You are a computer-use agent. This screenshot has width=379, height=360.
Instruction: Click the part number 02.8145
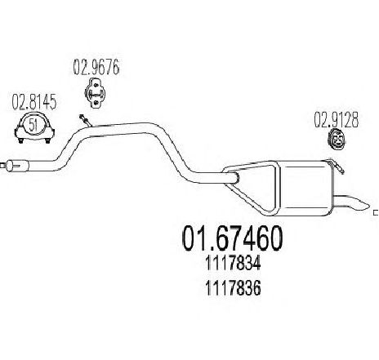click(x=34, y=101)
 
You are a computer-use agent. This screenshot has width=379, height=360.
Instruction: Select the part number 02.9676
click(x=96, y=67)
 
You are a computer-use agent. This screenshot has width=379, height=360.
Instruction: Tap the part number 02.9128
click(x=337, y=120)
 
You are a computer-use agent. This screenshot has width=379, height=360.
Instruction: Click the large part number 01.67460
click(x=232, y=238)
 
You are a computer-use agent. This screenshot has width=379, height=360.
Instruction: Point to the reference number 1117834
click(x=233, y=263)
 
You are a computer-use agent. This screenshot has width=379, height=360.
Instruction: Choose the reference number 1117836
click(x=233, y=288)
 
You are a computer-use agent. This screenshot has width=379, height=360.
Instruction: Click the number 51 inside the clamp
click(x=33, y=126)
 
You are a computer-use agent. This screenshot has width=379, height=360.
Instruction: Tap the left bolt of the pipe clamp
click(x=20, y=140)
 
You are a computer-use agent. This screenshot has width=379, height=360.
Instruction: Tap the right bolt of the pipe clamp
click(x=47, y=140)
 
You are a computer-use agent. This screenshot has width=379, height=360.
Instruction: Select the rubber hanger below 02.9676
click(x=96, y=93)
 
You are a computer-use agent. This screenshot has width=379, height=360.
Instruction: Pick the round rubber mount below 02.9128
click(x=337, y=140)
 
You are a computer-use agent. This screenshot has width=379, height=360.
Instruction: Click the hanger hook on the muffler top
click(x=337, y=166)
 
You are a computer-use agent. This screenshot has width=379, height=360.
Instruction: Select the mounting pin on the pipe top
click(x=86, y=121)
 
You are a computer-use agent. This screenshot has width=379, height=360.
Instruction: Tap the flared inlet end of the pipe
click(x=17, y=166)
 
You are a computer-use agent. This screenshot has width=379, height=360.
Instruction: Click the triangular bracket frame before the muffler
click(x=252, y=188)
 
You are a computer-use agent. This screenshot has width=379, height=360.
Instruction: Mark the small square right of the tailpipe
click(x=377, y=211)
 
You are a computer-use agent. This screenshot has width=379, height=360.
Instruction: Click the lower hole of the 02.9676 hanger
click(x=96, y=103)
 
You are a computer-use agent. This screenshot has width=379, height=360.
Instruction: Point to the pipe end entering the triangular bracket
click(x=234, y=177)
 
